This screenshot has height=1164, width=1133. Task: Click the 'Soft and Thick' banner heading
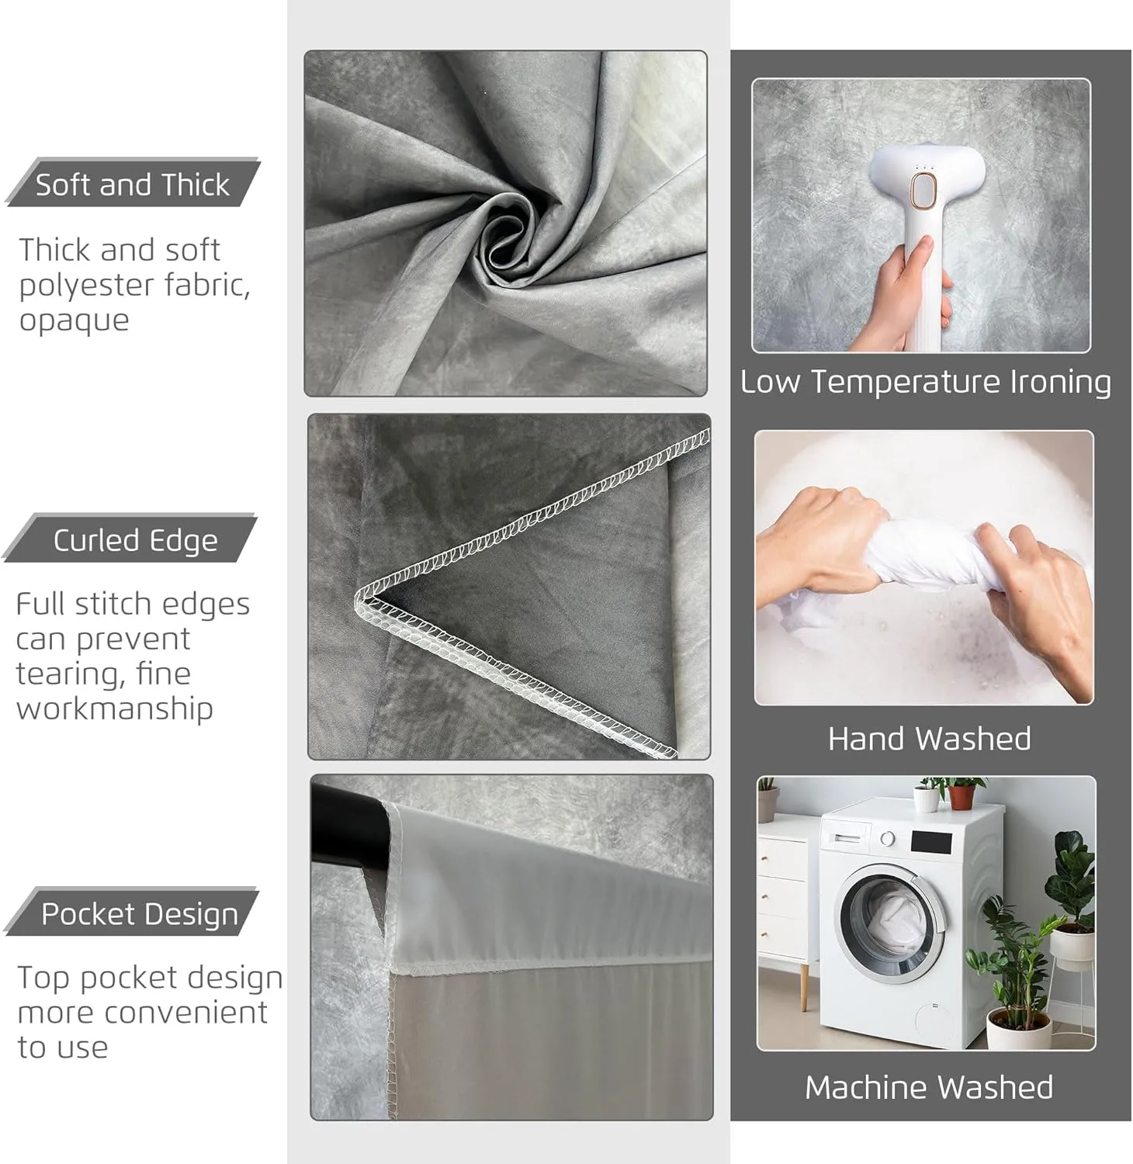coord(133,185)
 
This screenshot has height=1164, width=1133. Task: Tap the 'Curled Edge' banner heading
coord(135,540)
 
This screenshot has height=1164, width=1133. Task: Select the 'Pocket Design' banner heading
coord(140,914)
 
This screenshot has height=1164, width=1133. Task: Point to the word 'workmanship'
coord(114,708)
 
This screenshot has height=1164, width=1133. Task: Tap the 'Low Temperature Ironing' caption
coord(926,382)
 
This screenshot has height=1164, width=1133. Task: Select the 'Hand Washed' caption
coord(930,739)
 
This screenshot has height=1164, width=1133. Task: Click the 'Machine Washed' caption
coord(929,1087)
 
